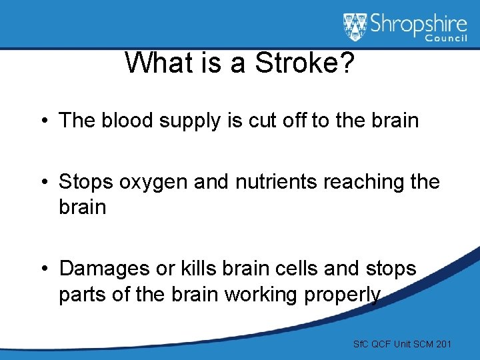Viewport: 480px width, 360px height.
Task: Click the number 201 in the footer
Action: click(443, 344)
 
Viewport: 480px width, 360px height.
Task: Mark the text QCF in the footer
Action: click(379, 344)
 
